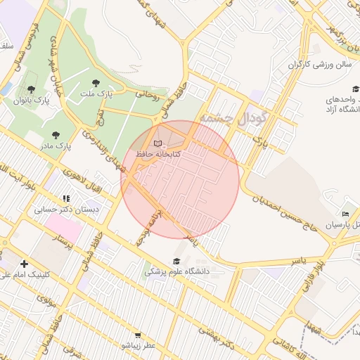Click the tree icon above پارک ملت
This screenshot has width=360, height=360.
coord(106,83)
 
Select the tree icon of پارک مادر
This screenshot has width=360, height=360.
coord(56,135)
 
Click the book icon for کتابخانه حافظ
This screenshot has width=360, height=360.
coord(167,143)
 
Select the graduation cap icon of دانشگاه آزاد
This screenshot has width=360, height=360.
coord(356,89)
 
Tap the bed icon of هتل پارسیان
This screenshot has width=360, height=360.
coord(345,214)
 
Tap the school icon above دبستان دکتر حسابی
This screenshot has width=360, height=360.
coord(66,199)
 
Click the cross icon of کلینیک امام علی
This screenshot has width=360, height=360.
coord(24,263)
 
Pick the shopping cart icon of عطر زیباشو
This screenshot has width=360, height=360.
coord(138,336)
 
